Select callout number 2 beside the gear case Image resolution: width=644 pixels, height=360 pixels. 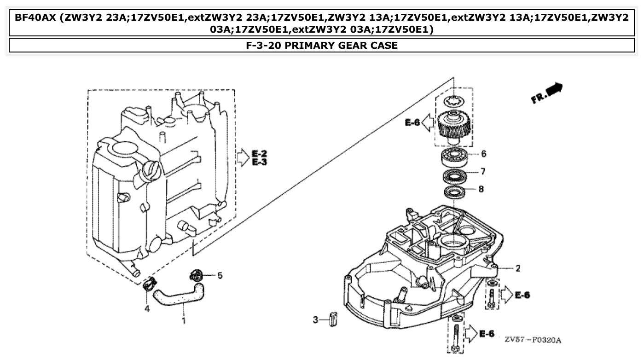coord(518,268)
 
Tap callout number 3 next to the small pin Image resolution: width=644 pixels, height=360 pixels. coord(316,319)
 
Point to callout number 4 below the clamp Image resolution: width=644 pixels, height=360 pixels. coord(147,308)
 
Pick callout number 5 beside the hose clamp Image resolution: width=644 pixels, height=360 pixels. coord(220,275)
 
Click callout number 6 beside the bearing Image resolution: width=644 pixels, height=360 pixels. coord(483,154)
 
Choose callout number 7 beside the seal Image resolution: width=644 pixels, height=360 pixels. coord(482,172)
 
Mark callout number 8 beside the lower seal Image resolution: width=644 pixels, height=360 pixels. coord(481,189)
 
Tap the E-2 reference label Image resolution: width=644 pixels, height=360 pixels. coord(260,153)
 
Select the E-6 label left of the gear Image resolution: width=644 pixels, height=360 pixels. coord(412,122)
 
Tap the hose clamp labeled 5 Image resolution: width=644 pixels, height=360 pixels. coord(196,276)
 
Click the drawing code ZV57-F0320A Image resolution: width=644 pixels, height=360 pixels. coord(533,340)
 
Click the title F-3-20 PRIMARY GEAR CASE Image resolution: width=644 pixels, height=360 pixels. coord(322,45)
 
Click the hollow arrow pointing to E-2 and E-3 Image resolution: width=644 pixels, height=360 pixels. coord(242,157)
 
